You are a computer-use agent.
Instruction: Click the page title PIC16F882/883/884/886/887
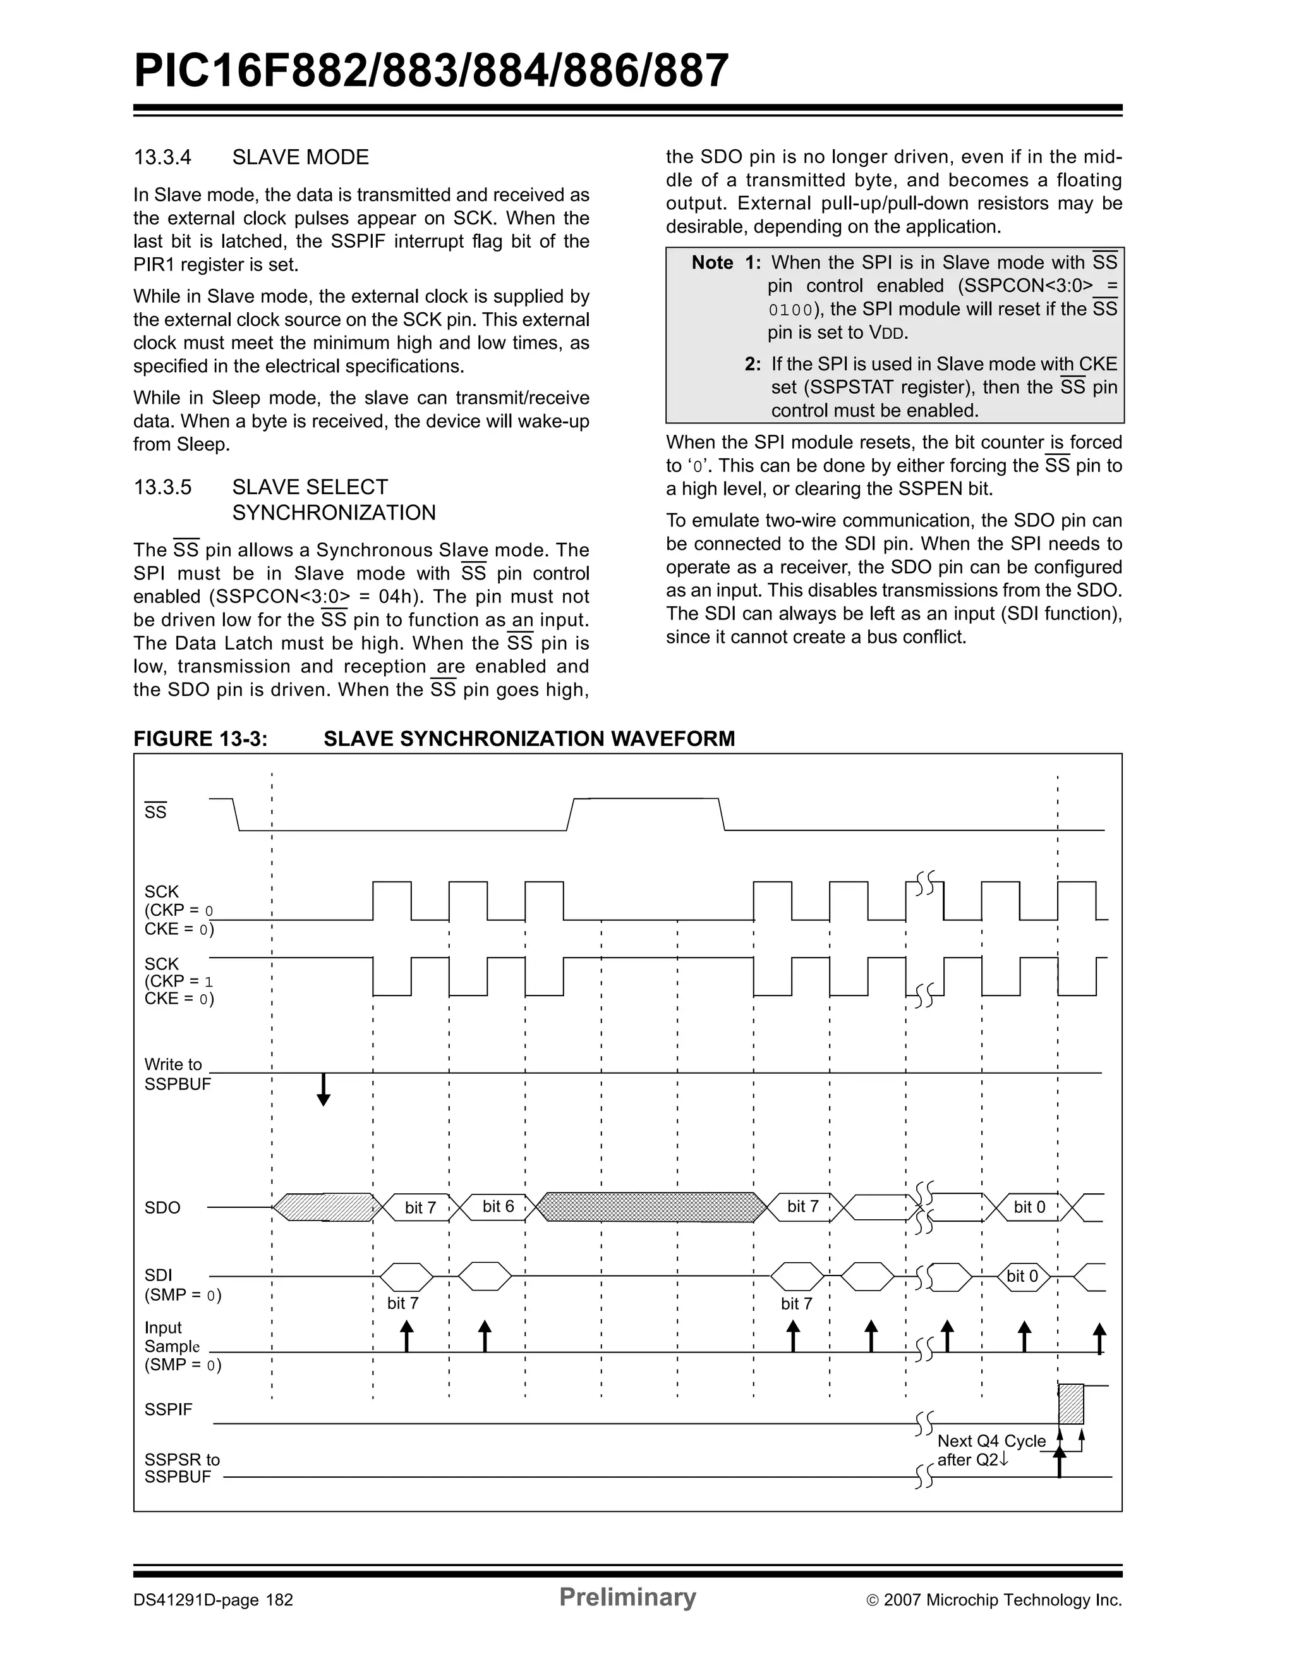coord(431,71)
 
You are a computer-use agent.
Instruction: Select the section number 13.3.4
coord(162,158)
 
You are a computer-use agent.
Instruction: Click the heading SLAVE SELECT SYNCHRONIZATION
coord(334,499)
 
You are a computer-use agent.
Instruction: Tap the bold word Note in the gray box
coord(712,263)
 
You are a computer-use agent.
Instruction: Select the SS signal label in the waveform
coord(155,812)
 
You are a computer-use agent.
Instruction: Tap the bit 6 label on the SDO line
coord(498,1207)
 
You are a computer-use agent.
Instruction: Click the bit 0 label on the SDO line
coord(1029,1207)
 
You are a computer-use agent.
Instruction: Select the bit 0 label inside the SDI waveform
coord(1022,1276)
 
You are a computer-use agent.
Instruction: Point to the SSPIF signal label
coord(169,1409)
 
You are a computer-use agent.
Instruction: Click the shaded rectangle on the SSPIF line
coord(1071,1403)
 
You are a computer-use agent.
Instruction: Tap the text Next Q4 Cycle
coord(991,1441)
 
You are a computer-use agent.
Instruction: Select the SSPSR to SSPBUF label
coord(182,1468)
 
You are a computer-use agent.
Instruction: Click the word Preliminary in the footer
coord(627,1597)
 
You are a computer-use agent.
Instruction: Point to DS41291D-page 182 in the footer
coord(214,1600)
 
